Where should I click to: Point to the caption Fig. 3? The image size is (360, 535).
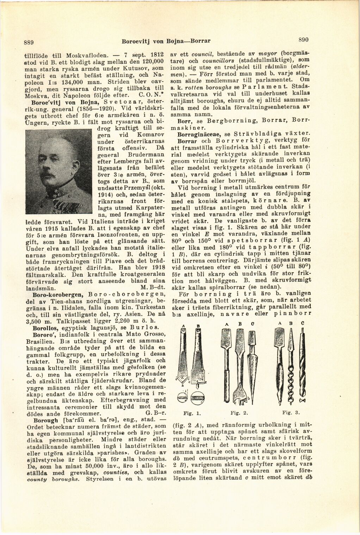290,411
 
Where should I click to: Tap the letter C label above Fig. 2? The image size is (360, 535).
253,323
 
